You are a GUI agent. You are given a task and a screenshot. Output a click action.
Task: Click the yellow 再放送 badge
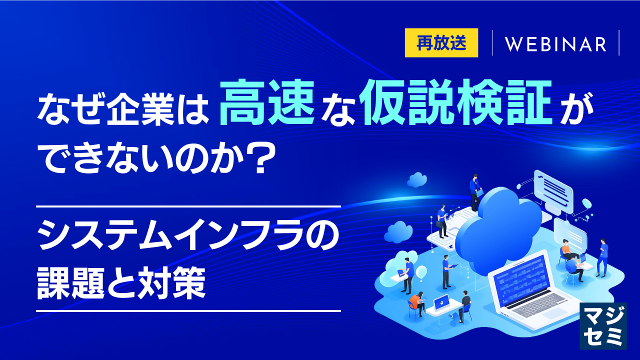point(441,43)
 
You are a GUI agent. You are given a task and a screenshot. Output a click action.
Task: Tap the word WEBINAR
point(555,44)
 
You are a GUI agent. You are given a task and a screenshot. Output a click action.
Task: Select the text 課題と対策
point(121,283)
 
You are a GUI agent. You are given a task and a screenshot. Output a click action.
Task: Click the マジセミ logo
point(603,325)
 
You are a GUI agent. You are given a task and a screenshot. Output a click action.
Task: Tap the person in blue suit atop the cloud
point(474,192)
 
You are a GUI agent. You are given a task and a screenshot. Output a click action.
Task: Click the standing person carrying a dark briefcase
point(441,221)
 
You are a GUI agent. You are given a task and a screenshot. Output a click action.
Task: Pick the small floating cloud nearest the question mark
point(417,179)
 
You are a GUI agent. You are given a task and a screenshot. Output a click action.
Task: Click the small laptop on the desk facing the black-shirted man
point(441,303)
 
